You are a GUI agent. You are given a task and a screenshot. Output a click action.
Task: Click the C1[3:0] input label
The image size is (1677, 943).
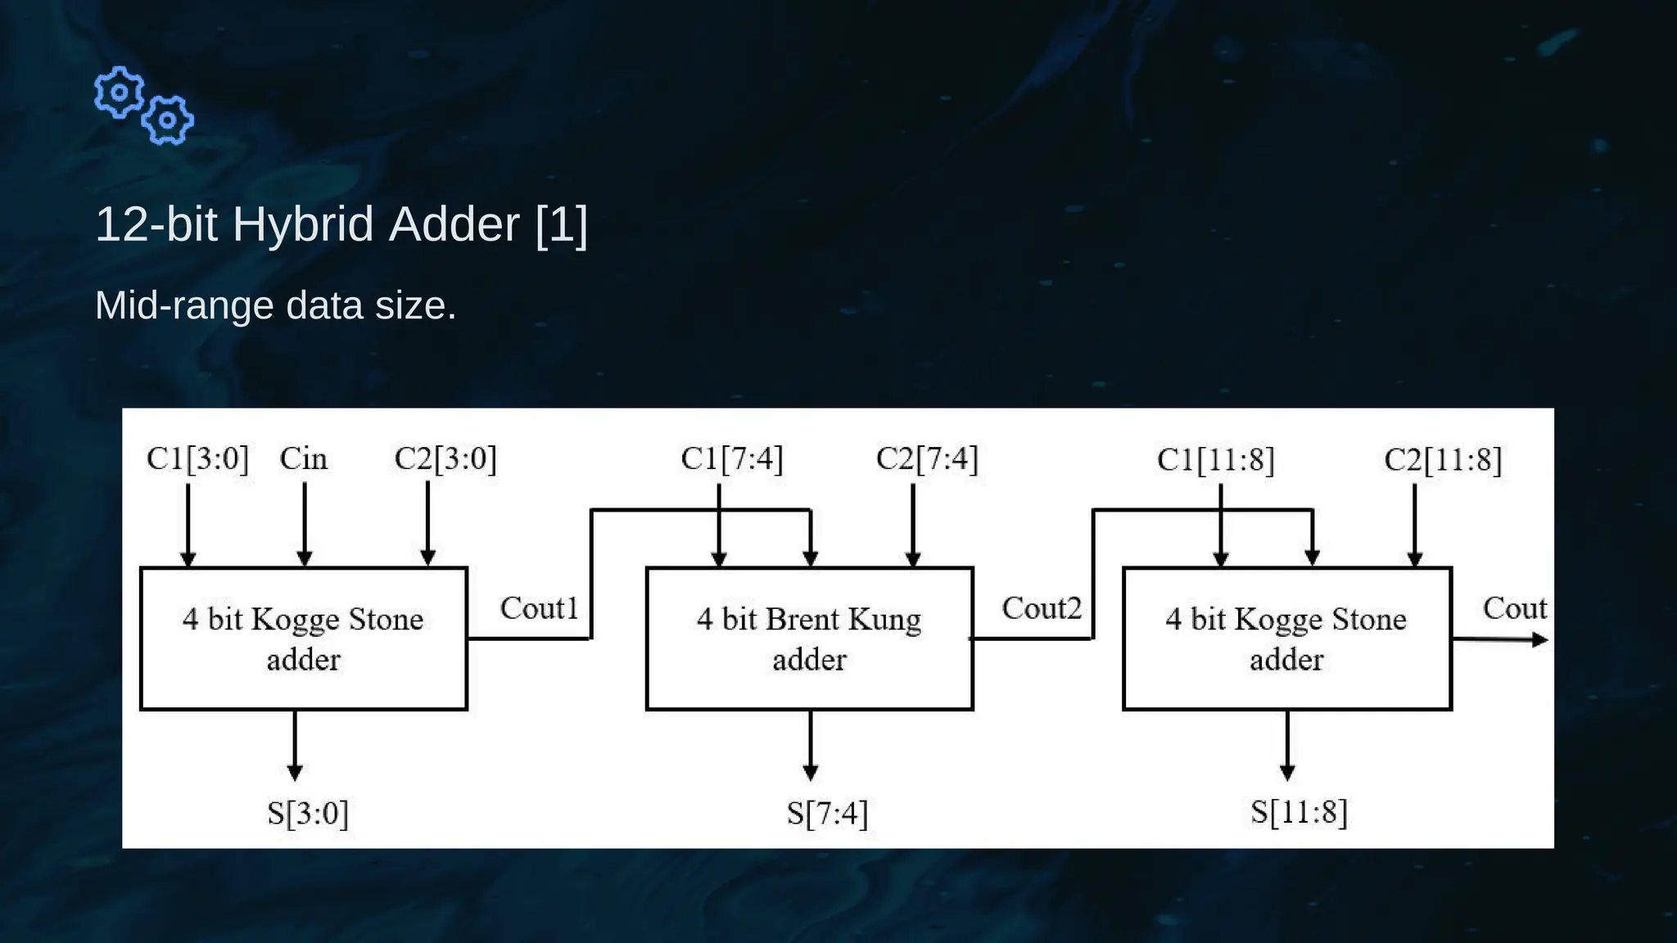tap(197, 458)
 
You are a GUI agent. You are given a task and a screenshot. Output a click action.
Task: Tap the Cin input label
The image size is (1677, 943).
tap(303, 458)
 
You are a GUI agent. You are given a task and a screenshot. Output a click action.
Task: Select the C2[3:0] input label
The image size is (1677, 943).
tap(445, 458)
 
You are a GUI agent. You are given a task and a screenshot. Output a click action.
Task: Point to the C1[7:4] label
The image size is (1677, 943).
tap(731, 458)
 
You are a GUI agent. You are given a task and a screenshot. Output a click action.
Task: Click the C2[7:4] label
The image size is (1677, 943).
tap(927, 458)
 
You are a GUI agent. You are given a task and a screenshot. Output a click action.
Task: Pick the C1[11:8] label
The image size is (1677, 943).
tap(1215, 460)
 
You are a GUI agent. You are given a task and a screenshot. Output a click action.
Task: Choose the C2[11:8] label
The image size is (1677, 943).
tap(1443, 460)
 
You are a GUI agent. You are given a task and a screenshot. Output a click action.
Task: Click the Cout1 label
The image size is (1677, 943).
tap(539, 608)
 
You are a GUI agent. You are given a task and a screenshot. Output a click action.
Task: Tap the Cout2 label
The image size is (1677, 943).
tap(1041, 608)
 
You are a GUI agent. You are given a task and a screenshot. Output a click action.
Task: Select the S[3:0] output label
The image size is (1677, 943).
tap(308, 813)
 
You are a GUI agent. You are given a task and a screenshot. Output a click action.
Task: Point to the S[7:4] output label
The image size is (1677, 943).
tap(827, 813)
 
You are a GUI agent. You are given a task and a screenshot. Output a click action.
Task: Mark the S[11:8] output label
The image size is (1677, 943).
tap(1299, 812)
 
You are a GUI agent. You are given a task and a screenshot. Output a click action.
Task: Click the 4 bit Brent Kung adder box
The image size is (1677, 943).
tap(809, 638)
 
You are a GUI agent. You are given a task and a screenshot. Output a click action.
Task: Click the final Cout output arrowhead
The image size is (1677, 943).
tap(1539, 640)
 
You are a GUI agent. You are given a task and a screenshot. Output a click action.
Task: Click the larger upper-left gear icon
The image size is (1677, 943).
tap(120, 92)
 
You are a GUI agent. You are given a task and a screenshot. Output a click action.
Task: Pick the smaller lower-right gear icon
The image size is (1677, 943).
tap(168, 120)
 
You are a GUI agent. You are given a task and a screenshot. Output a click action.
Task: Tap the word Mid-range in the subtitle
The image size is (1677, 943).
tap(184, 305)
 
